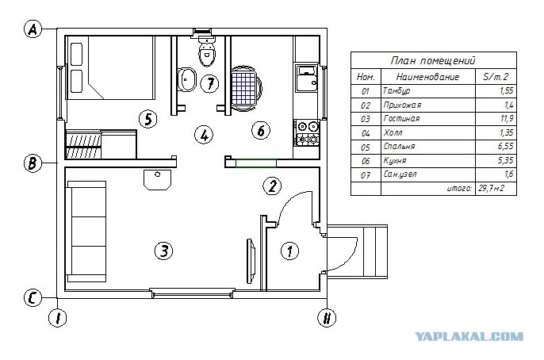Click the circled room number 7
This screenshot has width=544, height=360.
tap(210, 83)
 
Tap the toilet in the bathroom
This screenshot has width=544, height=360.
tap(207, 52)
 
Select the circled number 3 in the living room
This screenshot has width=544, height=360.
tap(163, 251)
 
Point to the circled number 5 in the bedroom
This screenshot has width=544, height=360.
tap(148, 119)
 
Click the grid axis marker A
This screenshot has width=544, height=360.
tap(33, 29)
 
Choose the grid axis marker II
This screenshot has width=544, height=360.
tap(327, 318)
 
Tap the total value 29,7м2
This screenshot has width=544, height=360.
tap(492, 188)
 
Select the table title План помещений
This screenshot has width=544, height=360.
tap(433, 61)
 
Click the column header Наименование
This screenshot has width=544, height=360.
tap(427, 77)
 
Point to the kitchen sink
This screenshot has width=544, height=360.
tap(306, 78)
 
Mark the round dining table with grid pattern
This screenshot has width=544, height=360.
tap(247, 89)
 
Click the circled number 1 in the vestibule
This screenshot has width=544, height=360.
tap(289, 251)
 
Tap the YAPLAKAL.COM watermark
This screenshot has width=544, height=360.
tap(469, 336)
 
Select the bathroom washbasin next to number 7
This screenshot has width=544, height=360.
tap(187, 79)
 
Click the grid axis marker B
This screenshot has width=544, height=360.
tap(33, 163)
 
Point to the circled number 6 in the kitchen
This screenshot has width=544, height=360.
tap(261, 131)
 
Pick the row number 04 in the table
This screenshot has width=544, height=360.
tap(366, 133)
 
